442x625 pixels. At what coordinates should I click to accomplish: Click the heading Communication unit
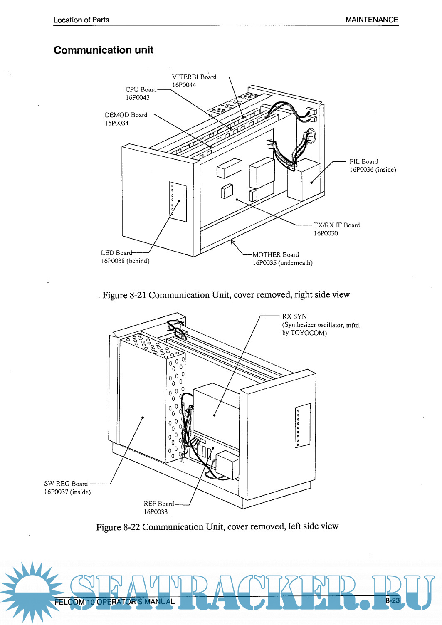tap(104, 50)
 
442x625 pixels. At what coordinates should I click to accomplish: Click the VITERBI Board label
tap(194, 77)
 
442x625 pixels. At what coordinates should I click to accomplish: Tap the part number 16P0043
tap(138, 98)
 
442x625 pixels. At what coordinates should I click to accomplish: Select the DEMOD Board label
tap(126, 115)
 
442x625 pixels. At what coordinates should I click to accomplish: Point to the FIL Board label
tap(363, 162)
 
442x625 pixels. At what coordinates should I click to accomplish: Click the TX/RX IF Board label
tap(336, 225)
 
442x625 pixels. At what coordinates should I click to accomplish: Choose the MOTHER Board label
tap(275, 255)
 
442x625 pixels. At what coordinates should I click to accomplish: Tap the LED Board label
tap(116, 253)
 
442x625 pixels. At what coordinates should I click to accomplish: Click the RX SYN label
tap(294, 316)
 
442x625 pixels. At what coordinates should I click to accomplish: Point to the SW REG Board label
tap(66, 484)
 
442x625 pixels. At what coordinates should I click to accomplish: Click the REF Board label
tap(158, 504)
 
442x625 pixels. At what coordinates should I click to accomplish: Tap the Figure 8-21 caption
tap(226, 295)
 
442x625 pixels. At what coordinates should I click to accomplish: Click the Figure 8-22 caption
tap(217, 527)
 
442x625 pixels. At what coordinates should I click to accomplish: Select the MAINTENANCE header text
tap(371, 20)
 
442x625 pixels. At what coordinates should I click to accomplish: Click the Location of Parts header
tap(81, 20)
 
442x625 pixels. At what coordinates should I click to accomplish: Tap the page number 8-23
tap(392, 600)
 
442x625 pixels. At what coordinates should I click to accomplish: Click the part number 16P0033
tap(156, 512)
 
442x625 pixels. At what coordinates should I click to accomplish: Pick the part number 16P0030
tap(326, 234)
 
